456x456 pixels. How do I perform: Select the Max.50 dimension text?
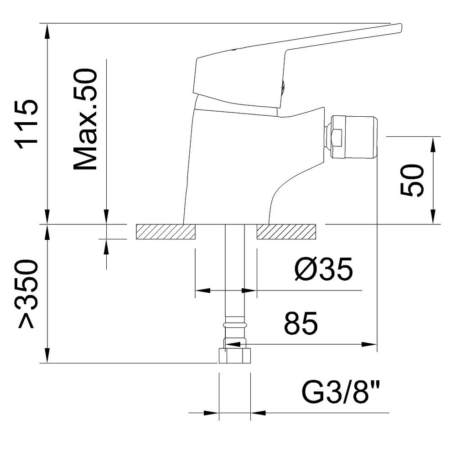[x=86, y=119]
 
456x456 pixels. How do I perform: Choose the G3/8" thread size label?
[x=341, y=393]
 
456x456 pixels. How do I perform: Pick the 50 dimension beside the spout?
[x=412, y=181]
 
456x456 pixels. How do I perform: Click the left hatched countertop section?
[x=166, y=232]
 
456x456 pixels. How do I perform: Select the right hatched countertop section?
[x=286, y=232]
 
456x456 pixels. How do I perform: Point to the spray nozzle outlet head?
[x=356, y=137]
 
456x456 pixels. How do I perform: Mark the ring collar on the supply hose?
[x=235, y=325]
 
